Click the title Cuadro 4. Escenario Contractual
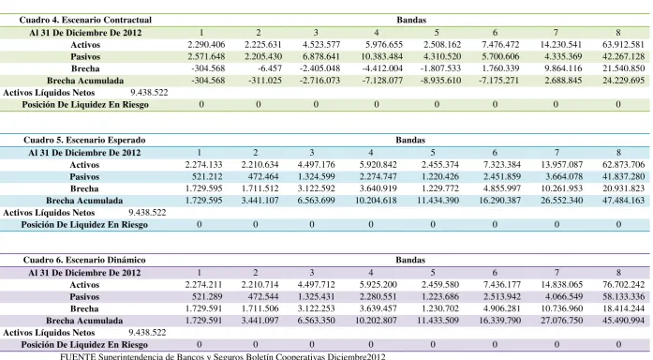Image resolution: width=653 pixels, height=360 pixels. [85, 20]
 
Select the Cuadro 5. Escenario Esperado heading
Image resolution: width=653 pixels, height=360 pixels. [84, 140]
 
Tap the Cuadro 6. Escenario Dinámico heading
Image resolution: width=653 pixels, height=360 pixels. [84, 260]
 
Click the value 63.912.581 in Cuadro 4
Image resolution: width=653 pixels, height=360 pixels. [623, 45]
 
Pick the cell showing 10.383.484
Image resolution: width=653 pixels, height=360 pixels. [382, 56]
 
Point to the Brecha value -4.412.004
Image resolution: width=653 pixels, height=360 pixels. [382, 68]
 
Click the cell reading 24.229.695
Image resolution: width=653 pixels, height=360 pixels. [623, 81]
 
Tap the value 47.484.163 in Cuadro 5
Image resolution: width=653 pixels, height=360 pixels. [623, 201]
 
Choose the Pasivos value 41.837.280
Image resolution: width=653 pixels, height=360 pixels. [623, 176]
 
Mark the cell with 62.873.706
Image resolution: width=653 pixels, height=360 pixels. [623, 165]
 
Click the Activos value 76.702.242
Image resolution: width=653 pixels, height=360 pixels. [623, 285]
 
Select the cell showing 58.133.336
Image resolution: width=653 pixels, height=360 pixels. [623, 296]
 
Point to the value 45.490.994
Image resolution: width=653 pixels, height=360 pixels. [623, 321]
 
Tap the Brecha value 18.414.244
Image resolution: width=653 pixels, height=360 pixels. [623, 308]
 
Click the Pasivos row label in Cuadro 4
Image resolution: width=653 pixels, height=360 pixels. [85, 56]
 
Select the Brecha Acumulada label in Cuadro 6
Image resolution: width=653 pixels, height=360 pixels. [84, 321]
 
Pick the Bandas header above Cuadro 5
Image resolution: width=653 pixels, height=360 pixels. [410, 140]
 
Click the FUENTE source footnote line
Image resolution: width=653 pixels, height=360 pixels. [223, 356]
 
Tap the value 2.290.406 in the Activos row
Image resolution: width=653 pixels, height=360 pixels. [206, 45]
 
